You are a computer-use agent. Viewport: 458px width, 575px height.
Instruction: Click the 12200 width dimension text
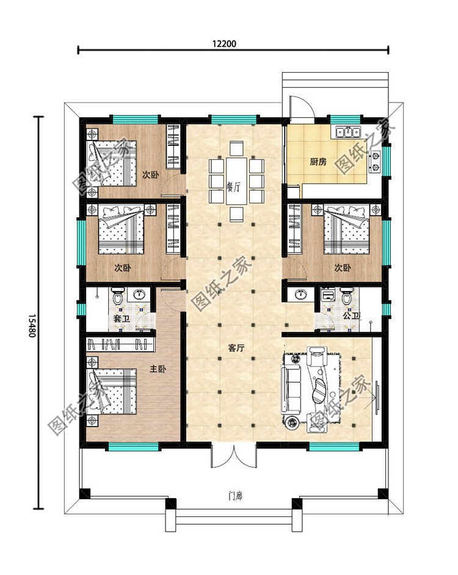pyautogui.click(x=224, y=43)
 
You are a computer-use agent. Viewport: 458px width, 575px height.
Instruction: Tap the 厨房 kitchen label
pyautogui.click(x=318, y=161)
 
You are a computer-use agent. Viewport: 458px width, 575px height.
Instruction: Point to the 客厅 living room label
pyautogui.click(x=236, y=348)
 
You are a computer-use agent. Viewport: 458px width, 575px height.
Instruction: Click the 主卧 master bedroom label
pyautogui.click(x=158, y=369)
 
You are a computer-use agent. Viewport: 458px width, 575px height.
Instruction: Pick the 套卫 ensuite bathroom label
pyautogui.click(x=122, y=319)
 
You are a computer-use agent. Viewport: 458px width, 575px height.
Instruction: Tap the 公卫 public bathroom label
pyautogui.click(x=351, y=315)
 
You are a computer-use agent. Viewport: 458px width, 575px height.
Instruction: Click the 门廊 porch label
pyautogui.click(x=235, y=496)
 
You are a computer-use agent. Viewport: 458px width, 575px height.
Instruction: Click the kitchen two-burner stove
pyautogui.click(x=375, y=162)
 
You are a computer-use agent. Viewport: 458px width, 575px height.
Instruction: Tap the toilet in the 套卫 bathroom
pyautogui.click(x=117, y=296)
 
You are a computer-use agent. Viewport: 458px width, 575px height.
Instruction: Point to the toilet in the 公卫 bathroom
pyautogui.click(x=346, y=296)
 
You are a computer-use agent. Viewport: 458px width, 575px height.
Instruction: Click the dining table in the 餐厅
pyautogui.click(x=236, y=181)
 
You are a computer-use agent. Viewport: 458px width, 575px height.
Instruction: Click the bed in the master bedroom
pyautogui.click(x=111, y=392)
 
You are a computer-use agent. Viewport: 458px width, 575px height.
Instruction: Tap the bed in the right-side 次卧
pyautogui.click(x=346, y=229)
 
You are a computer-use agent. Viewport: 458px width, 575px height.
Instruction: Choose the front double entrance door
pyautogui.click(x=233, y=455)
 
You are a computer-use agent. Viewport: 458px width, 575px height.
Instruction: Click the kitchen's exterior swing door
pyautogui.click(x=301, y=107)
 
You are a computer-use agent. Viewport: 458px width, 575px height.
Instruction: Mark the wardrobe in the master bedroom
pyautogui.click(x=120, y=344)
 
